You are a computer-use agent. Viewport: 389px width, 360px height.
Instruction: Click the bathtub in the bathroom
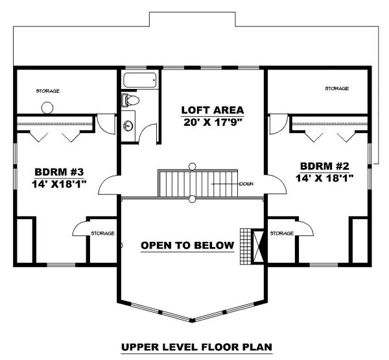[x=140, y=80]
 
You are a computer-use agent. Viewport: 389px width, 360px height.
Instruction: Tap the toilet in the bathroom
[x=130, y=101]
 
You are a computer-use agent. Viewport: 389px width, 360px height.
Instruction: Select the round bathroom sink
[x=128, y=125]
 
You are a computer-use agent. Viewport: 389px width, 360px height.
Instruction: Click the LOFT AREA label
[x=213, y=110]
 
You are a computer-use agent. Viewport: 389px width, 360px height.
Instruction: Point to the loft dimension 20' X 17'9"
[x=213, y=122]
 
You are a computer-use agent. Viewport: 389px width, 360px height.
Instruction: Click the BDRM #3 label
[x=59, y=172]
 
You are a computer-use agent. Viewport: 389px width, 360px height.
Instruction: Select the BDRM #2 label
[x=325, y=165]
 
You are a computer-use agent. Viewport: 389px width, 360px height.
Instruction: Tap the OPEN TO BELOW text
[x=187, y=245]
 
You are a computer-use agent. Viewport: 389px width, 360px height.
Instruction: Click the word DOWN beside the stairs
[x=246, y=184]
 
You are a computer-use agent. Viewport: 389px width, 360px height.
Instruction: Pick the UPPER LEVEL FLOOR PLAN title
[x=196, y=346]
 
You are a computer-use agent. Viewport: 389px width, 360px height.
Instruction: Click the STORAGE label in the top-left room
[x=48, y=91]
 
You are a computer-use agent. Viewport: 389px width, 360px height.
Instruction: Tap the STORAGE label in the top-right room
[x=337, y=88]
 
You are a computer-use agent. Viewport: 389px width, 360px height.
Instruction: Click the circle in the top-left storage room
[x=47, y=108]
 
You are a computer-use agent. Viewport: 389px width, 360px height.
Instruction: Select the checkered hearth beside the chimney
[x=245, y=246]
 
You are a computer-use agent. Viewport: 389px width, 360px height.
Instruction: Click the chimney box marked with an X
[x=258, y=246]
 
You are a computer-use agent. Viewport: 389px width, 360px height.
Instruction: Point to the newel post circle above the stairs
[x=192, y=166]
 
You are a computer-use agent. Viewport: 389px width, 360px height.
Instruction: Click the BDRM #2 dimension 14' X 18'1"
[x=325, y=178]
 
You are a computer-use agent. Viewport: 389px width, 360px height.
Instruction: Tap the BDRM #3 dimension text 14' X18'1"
[x=59, y=184]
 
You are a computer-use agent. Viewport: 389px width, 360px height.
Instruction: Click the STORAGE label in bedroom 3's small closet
[x=102, y=234]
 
